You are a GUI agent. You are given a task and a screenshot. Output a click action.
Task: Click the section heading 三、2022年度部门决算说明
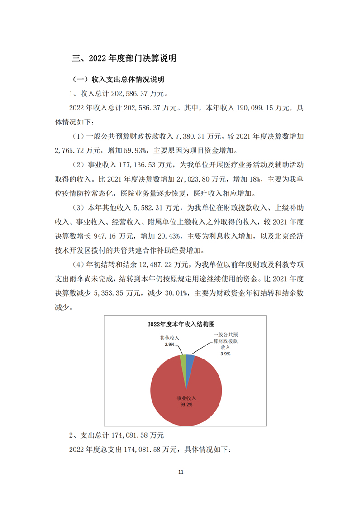point(124,58)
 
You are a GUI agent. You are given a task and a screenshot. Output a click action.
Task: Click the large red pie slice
point(186,398)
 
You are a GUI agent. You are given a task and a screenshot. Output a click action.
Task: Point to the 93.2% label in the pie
point(185,405)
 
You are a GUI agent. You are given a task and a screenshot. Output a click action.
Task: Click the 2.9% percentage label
point(169,345)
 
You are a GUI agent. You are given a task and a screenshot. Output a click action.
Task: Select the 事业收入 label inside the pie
point(186,398)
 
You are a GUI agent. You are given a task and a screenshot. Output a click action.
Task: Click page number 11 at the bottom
point(181,473)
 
